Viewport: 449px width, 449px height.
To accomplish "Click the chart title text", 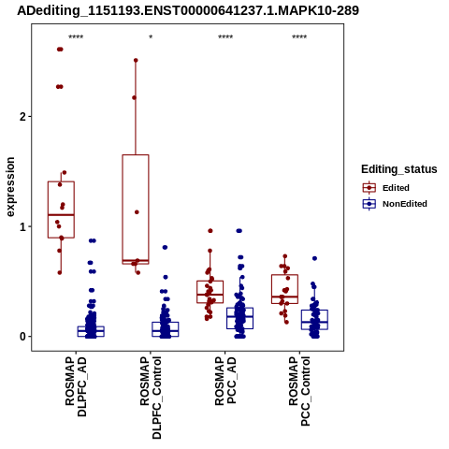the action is point(188,10).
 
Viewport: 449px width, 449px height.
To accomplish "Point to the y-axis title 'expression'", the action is point(10,187).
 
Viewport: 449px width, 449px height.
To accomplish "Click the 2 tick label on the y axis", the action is point(22,117).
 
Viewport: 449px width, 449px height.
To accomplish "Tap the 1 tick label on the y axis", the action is point(22,226).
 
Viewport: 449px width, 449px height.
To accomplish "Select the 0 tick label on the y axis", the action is point(22,337).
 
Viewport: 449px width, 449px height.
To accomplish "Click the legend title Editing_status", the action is point(399,169).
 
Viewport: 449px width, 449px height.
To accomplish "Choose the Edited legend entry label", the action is point(396,188).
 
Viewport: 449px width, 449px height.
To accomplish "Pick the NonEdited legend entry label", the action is point(405,204).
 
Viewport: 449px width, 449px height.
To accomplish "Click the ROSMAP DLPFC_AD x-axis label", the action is point(76,386).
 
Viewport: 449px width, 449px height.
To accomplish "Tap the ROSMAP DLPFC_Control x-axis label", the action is point(151,398).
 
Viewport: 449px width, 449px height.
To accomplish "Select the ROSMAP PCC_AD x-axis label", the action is point(225,381).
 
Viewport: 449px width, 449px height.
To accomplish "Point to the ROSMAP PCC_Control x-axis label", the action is point(299,391).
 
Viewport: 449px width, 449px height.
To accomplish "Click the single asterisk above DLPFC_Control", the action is point(151,37).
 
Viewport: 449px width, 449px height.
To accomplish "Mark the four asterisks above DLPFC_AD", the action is point(76,37).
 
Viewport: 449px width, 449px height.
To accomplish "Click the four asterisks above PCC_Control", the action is point(299,37).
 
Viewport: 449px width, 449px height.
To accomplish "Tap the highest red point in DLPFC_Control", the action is point(136,61).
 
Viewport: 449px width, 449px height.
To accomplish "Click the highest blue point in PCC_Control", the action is point(314,258).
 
